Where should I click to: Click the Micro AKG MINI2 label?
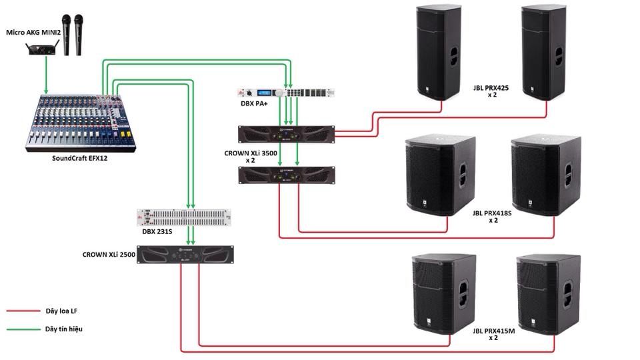(33, 32)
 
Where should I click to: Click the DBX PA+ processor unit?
(287, 94)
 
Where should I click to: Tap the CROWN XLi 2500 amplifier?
(187, 255)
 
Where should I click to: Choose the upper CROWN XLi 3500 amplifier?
(286, 134)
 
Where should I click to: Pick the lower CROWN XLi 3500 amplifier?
(286, 175)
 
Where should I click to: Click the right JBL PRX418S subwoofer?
(545, 175)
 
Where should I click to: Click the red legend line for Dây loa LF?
(23, 311)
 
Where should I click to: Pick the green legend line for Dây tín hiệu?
(23, 329)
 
